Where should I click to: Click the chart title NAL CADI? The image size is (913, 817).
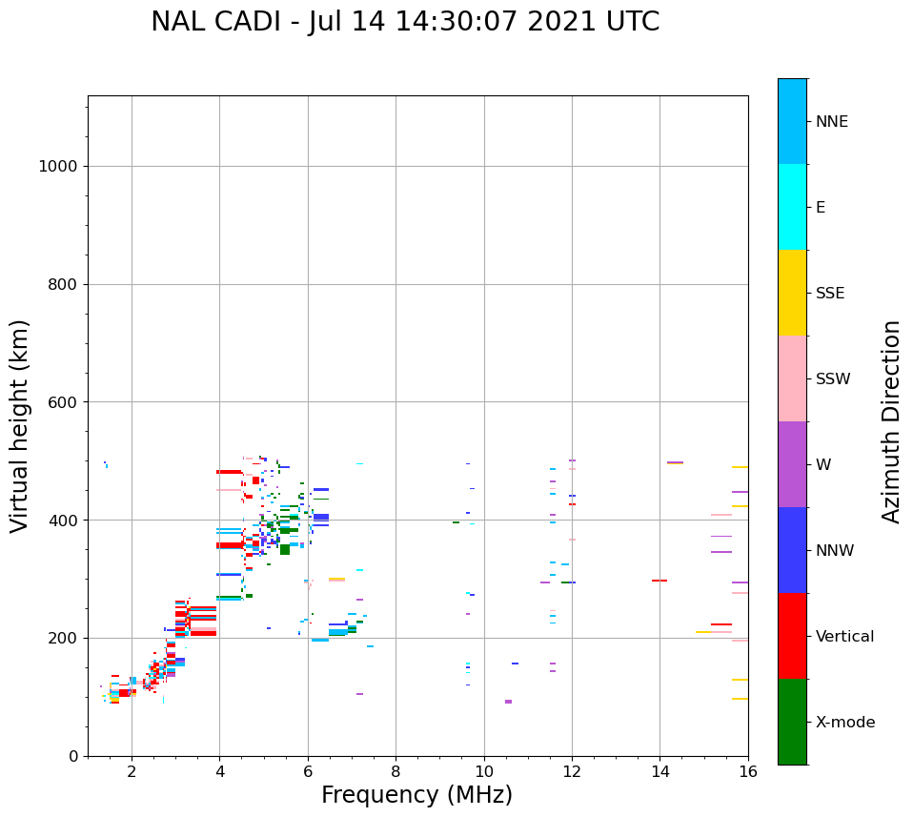(x=405, y=22)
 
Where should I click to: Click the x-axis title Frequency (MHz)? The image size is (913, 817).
(x=416, y=795)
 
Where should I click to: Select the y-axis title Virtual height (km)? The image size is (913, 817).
(x=20, y=426)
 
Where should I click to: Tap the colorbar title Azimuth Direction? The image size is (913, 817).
(x=891, y=421)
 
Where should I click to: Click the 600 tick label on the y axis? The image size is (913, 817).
(x=64, y=402)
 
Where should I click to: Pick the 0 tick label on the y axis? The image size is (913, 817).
(x=72, y=756)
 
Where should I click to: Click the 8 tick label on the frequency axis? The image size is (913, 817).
(x=396, y=771)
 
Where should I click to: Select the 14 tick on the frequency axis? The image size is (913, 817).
(x=659, y=771)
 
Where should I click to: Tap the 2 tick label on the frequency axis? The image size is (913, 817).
(x=132, y=771)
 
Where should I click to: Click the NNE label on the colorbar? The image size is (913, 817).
(x=831, y=122)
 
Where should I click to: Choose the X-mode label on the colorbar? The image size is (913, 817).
(x=844, y=723)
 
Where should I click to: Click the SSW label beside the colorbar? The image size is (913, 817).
(x=833, y=379)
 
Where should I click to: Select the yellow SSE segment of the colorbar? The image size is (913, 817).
(x=792, y=293)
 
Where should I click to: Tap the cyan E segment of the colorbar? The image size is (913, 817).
(x=792, y=207)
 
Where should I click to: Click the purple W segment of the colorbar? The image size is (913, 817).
(x=792, y=464)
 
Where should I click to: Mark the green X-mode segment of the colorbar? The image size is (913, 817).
(x=792, y=722)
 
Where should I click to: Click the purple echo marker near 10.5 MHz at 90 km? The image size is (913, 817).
(x=508, y=702)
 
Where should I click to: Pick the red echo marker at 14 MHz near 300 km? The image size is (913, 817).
(x=659, y=581)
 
